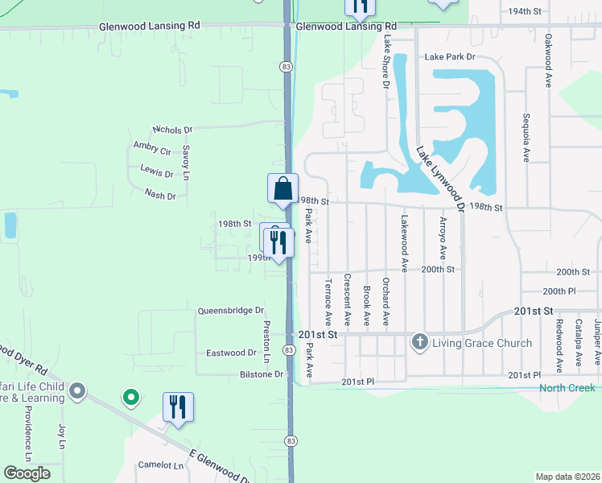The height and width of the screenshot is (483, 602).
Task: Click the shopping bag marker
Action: pyautogui.click(x=282, y=190)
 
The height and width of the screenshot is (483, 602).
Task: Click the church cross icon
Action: pyautogui.click(x=419, y=343)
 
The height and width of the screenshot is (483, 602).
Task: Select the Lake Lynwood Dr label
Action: pyautogui.click(x=440, y=179)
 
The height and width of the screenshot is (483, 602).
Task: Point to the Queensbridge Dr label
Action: pyautogui.click(x=231, y=310)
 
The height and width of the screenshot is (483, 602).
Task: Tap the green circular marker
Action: pyautogui.click(x=130, y=396)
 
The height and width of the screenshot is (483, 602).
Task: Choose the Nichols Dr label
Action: pyautogui.click(x=173, y=129)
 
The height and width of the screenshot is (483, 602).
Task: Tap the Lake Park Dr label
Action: pyautogui.click(x=450, y=57)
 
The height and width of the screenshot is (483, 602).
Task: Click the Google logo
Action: pyautogui.click(x=27, y=473)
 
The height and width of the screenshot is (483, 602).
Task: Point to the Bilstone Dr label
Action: pyautogui.click(x=262, y=374)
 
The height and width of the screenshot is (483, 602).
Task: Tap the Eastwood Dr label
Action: pyautogui.click(x=231, y=353)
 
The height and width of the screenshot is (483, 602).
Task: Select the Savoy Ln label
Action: pyautogui.click(x=185, y=162)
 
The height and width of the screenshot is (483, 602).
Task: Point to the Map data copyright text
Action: pyautogui.click(x=567, y=477)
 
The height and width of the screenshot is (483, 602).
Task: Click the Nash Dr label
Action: pyautogui.click(x=160, y=194)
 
